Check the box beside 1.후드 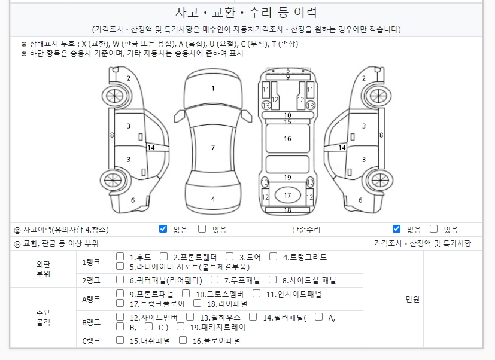120,256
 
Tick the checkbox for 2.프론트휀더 163,256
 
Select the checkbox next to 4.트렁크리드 273,256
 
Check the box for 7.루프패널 214,279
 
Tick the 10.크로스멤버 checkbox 186,294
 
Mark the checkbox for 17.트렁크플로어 120,303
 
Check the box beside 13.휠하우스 190,316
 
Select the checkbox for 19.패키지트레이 180,327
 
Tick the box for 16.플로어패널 183,340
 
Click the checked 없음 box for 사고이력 163,229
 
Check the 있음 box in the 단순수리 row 434,229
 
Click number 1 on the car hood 213,89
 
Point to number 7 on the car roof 213,147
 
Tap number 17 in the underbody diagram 287,196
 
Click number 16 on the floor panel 287,139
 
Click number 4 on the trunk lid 213,199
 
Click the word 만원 412,299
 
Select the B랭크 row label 91,322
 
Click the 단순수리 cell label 306,230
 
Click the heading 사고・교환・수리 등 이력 246,13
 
